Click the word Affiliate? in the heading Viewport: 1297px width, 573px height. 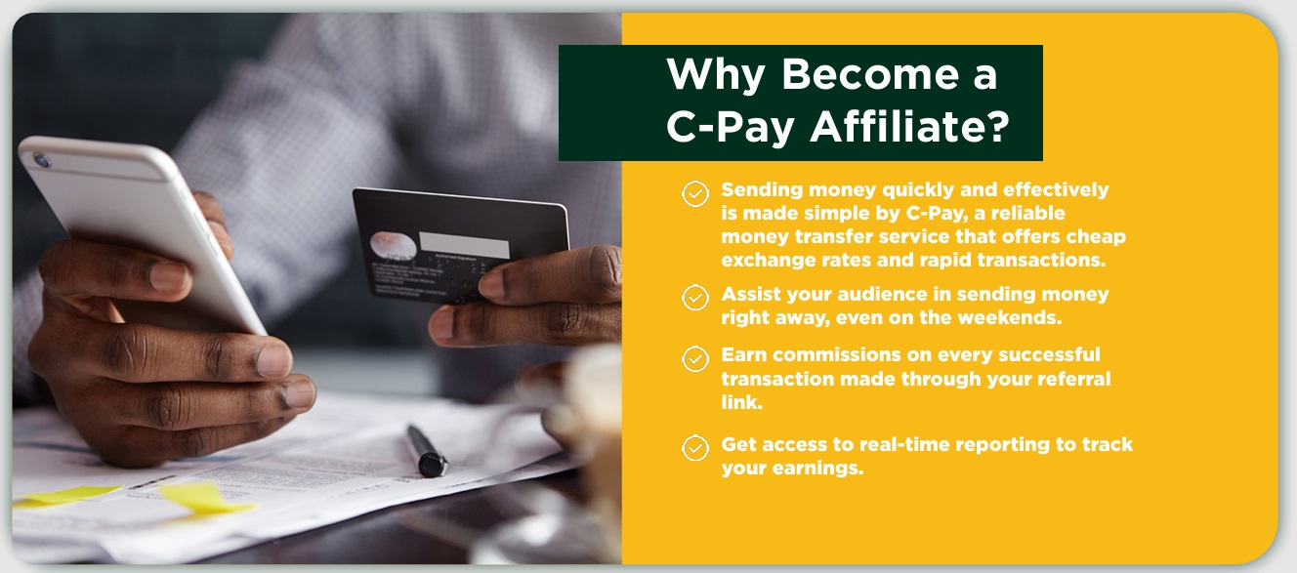909,126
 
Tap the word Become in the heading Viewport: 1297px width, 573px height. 870,74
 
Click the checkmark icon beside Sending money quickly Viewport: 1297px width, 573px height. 695,194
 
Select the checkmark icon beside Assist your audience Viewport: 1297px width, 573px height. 695,298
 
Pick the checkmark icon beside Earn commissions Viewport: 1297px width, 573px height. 695,359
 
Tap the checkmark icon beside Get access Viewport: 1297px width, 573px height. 695,448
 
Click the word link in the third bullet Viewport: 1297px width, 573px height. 741,401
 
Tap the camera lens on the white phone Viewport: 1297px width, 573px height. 42,160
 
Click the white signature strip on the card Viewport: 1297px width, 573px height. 464,244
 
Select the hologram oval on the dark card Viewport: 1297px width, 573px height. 394,246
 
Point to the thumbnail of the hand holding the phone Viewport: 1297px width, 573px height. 170,276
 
